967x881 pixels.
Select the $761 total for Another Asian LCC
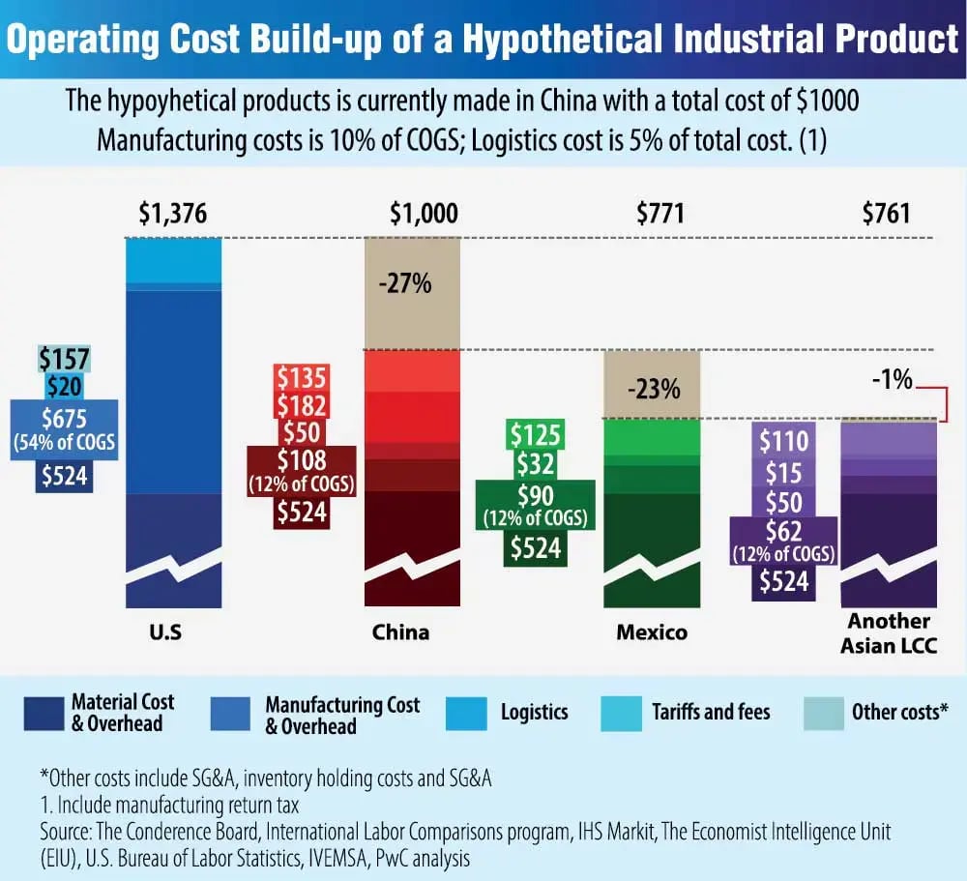pyautogui.click(x=886, y=213)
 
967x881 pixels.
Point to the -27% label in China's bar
pyautogui.click(x=411, y=286)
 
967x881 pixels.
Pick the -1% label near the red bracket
pyautogui.click(x=890, y=380)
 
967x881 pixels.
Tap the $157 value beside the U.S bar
pyautogui.click(x=65, y=360)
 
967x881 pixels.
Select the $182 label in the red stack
pyautogui.click(x=301, y=404)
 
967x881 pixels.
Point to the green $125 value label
pyautogui.click(x=536, y=434)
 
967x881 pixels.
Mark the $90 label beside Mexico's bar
pyautogui.click(x=536, y=494)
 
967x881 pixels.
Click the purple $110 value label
pyautogui.click(x=783, y=443)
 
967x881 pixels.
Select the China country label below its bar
pyautogui.click(x=400, y=632)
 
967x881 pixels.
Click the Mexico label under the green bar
pyautogui.click(x=652, y=632)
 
